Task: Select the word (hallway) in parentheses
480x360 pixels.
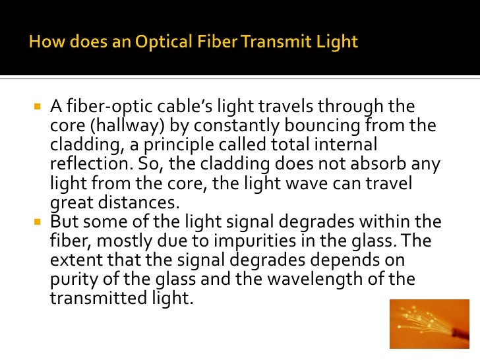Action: tap(117, 126)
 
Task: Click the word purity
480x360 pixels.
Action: tap(71, 278)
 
